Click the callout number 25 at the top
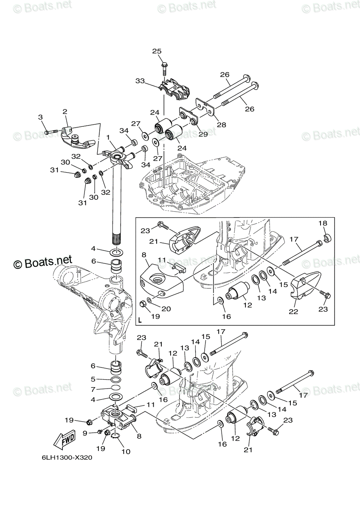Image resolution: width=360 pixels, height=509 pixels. (157, 51)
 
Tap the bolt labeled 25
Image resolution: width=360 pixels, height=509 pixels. (164, 69)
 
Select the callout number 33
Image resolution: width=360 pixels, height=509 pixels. (140, 81)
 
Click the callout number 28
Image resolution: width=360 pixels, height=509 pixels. (222, 125)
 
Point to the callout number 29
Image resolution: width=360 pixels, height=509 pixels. (203, 134)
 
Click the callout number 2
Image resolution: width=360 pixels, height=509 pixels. (65, 112)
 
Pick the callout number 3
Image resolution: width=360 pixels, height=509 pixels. (40, 117)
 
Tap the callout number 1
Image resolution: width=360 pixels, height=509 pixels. (108, 137)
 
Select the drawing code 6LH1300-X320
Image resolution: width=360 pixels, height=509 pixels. (67, 458)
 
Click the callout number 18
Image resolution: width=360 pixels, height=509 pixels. (323, 223)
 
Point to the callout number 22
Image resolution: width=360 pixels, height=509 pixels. (293, 311)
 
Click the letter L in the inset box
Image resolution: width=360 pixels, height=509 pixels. (140, 321)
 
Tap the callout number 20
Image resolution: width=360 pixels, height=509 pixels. (166, 309)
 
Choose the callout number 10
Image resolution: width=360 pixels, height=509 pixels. (126, 451)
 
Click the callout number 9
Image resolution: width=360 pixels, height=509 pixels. (85, 433)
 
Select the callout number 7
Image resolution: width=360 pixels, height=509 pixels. (93, 389)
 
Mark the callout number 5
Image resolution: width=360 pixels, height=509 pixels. (93, 379)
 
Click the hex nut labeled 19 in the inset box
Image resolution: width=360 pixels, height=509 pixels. (143, 303)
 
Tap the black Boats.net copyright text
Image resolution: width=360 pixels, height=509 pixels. (43, 262)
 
